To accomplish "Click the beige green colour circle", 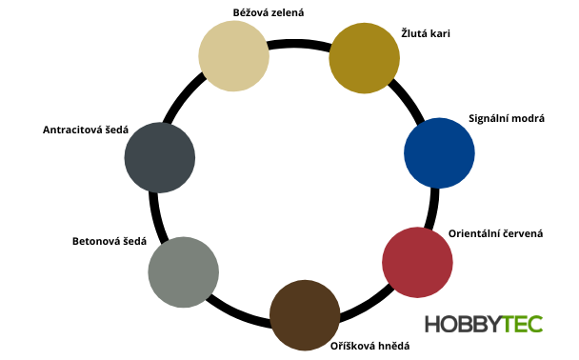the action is pyautogui.click(x=233, y=56).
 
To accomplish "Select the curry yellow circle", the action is pyautogui.click(x=364, y=59).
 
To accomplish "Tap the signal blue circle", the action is pyautogui.click(x=439, y=152).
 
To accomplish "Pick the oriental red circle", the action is pyautogui.click(x=416, y=262).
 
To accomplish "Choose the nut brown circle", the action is pyautogui.click(x=305, y=315).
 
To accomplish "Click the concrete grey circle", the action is pyautogui.click(x=183, y=273).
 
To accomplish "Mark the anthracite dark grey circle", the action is pyautogui.click(x=160, y=158).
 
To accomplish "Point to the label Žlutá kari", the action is pyautogui.click(x=425, y=34).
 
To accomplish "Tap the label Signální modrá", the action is pyautogui.click(x=507, y=117).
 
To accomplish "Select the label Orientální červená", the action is pyautogui.click(x=495, y=232).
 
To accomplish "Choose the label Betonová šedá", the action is pyautogui.click(x=109, y=241).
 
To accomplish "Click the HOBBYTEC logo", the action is pyautogui.click(x=484, y=324).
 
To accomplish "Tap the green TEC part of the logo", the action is pyautogui.click(x=522, y=324).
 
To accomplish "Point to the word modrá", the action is pyautogui.click(x=526, y=117).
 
